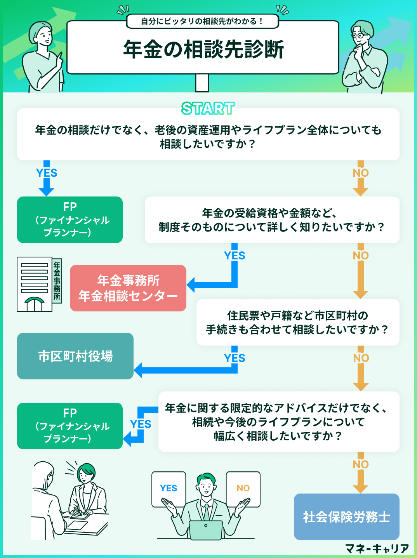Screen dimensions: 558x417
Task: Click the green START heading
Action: (208, 109)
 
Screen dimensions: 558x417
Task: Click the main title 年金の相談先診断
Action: (203, 49)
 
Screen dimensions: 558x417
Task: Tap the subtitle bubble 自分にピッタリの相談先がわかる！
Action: (202, 21)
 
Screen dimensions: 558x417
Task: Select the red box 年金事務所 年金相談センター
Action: (128, 288)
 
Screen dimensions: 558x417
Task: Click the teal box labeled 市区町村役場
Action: (75, 356)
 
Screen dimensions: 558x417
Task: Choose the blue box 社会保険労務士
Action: (346, 517)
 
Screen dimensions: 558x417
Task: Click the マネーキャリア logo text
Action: (377, 549)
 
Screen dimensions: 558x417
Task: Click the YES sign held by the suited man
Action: (169, 488)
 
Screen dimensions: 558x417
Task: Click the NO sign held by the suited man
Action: (243, 488)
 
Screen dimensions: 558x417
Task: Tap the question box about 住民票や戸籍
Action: (298, 322)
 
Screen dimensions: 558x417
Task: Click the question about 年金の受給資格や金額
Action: (272, 220)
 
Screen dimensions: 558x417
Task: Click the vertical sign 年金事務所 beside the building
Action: (57, 281)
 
